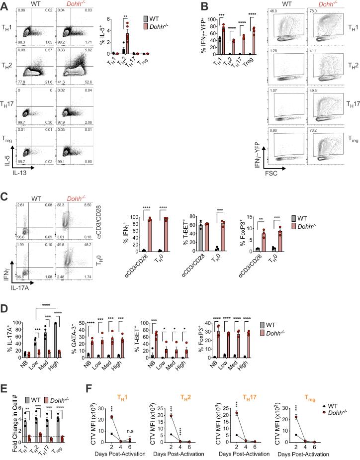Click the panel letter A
point(4,4)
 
